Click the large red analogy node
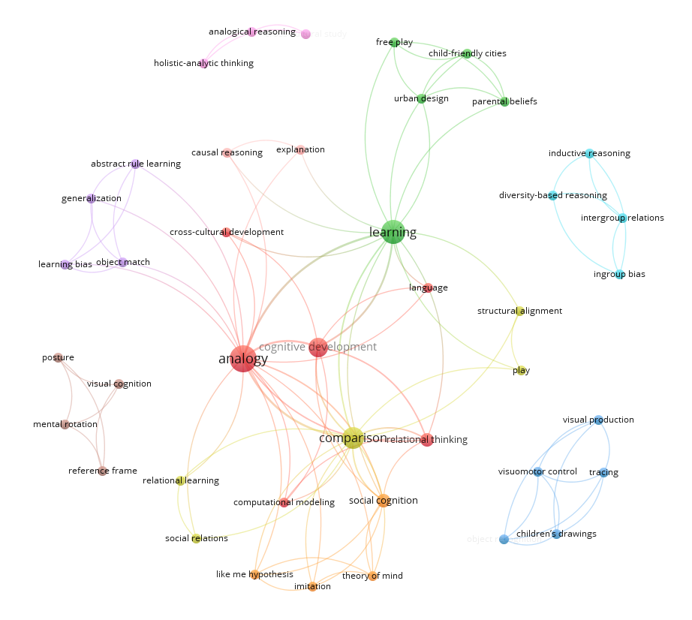(x=242, y=359)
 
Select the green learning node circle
(x=393, y=232)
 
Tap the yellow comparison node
(x=354, y=438)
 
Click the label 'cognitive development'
(x=317, y=347)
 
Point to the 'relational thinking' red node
(x=426, y=440)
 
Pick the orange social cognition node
(x=383, y=501)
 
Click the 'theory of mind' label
(x=372, y=576)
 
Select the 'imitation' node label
(x=312, y=586)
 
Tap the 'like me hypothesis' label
(x=254, y=574)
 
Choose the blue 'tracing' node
(x=603, y=472)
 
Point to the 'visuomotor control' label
(x=537, y=471)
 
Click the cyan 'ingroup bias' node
(x=619, y=274)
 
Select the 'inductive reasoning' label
(x=589, y=153)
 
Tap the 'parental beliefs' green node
(x=504, y=101)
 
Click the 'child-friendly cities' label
(x=467, y=53)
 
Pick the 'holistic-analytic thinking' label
(x=203, y=63)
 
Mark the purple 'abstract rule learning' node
(x=136, y=164)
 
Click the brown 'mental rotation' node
(x=65, y=424)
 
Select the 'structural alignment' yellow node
(x=519, y=311)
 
